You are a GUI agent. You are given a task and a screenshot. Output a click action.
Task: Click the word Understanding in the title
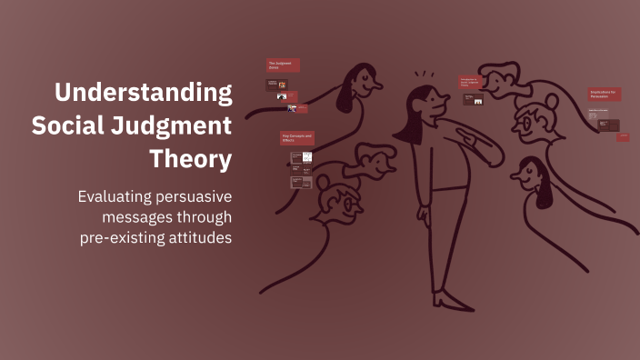(x=142, y=93)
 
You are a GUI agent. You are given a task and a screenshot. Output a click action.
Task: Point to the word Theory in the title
(x=191, y=159)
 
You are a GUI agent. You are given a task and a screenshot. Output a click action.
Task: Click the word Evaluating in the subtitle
(x=114, y=197)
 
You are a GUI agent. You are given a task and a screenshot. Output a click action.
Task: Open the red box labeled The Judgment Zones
(x=284, y=65)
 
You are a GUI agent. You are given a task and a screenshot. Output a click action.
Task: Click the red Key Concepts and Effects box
(x=297, y=138)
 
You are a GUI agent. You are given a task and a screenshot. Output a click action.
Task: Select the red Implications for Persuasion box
(x=604, y=95)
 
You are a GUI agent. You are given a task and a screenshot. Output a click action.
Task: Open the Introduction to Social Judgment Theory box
(x=469, y=82)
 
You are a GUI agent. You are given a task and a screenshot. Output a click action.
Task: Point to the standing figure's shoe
(x=450, y=300)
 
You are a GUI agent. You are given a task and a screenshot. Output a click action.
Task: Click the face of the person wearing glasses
(x=533, y=121)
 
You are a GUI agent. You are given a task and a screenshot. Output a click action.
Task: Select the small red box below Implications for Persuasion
(x=623, y=137)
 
